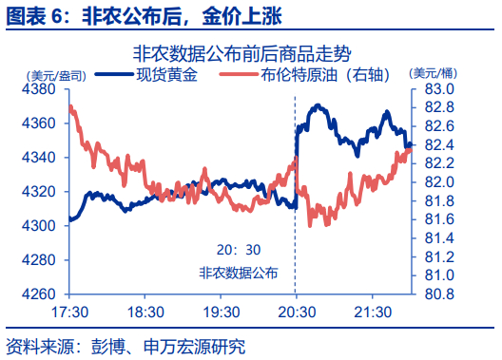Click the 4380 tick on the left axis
(x=39, y=89)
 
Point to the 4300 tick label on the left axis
(x=39, y=226)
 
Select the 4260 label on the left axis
(x=39, y=294)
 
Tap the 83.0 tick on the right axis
(x=439, y=89)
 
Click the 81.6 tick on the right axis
(x=439, y=219)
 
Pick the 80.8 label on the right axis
(x=439, y=294)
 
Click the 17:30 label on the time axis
(x=69, y=313)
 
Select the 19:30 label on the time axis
(x=222, y=313)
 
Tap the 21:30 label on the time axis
(x=373, y=313)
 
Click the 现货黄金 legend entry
(x=146, y=75)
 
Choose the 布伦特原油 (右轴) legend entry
(x=305, y=75)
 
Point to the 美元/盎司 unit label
(x=57, y=76)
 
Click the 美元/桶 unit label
(x=434, y=73)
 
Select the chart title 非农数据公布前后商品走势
(x=242, y=54)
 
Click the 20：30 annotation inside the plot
(x=239, y=250)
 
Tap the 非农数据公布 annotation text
(x=239, y=273)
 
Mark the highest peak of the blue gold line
(x=318, y=105)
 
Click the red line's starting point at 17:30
(x=70, y=107)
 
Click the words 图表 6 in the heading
(x=34, y=15)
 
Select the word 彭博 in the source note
(x=108, y=347)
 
